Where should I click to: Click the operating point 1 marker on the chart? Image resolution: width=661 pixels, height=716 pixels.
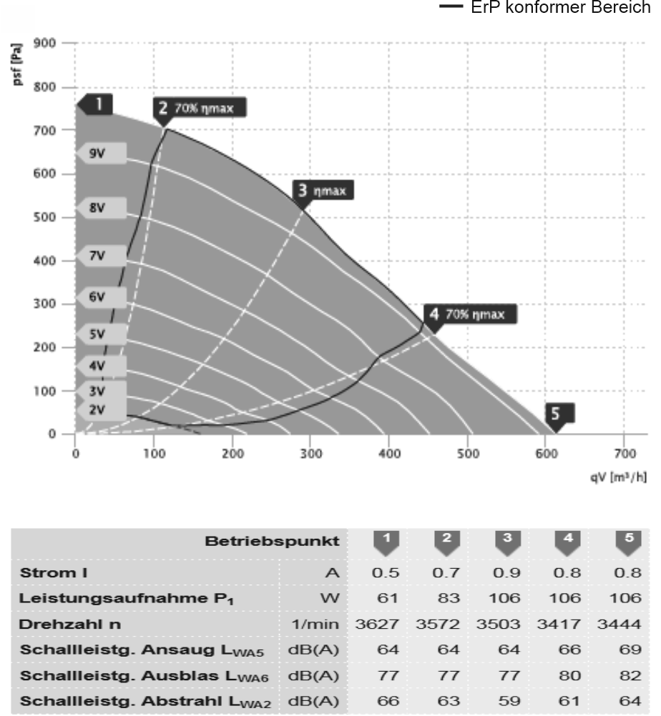98,104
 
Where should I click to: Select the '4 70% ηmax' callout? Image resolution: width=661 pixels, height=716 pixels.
469,314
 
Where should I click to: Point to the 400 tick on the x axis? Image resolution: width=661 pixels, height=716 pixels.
389,454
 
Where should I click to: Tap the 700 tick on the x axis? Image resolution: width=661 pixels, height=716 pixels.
624,454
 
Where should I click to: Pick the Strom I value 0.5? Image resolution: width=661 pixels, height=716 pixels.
387,572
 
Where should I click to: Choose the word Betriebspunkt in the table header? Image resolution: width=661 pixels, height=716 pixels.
272,542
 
